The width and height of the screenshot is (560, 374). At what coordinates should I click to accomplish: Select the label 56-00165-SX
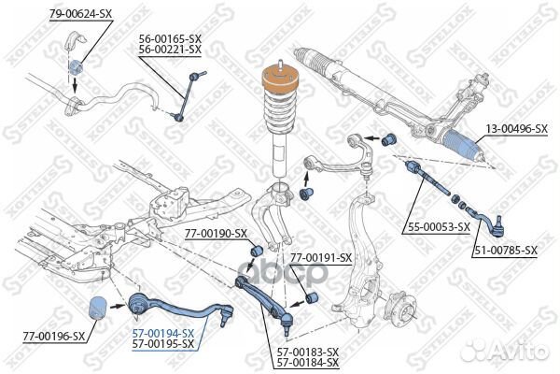click(x=170, y=39)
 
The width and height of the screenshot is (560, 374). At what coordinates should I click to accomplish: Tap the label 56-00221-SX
click(x=170, y=50)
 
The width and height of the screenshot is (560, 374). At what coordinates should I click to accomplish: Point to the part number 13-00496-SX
click(x=513, y=129)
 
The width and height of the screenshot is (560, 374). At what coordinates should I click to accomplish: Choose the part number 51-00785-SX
click(x=505, y=250)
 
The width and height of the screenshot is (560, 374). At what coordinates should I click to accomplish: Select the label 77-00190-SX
click(x=216, y=233)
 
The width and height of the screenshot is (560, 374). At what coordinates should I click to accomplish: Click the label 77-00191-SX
click(x=320, y=257)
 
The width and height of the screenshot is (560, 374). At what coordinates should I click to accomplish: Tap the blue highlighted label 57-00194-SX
click(x=162, y=333)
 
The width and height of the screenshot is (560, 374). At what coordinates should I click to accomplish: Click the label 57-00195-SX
click(x=162, y=344)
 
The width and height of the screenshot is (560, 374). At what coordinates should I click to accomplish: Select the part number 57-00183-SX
click(x=307, y=352)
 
